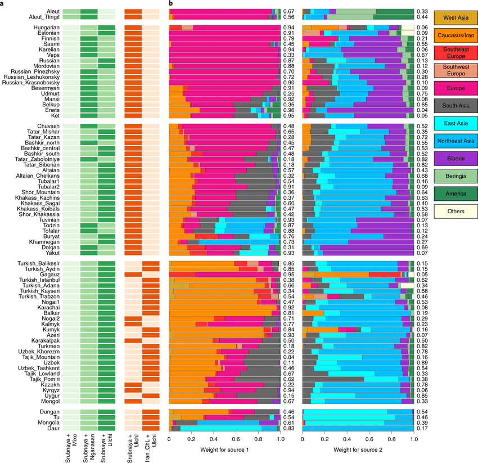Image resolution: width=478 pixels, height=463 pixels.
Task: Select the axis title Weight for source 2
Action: [358, 451]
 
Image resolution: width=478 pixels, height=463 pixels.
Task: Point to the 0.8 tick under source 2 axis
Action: [391, 439]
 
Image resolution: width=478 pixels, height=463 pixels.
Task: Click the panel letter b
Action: [170, 3]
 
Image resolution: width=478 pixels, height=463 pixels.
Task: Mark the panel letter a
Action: [2, 3]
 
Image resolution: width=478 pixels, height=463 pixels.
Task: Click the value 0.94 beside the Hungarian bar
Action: [288, 27]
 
